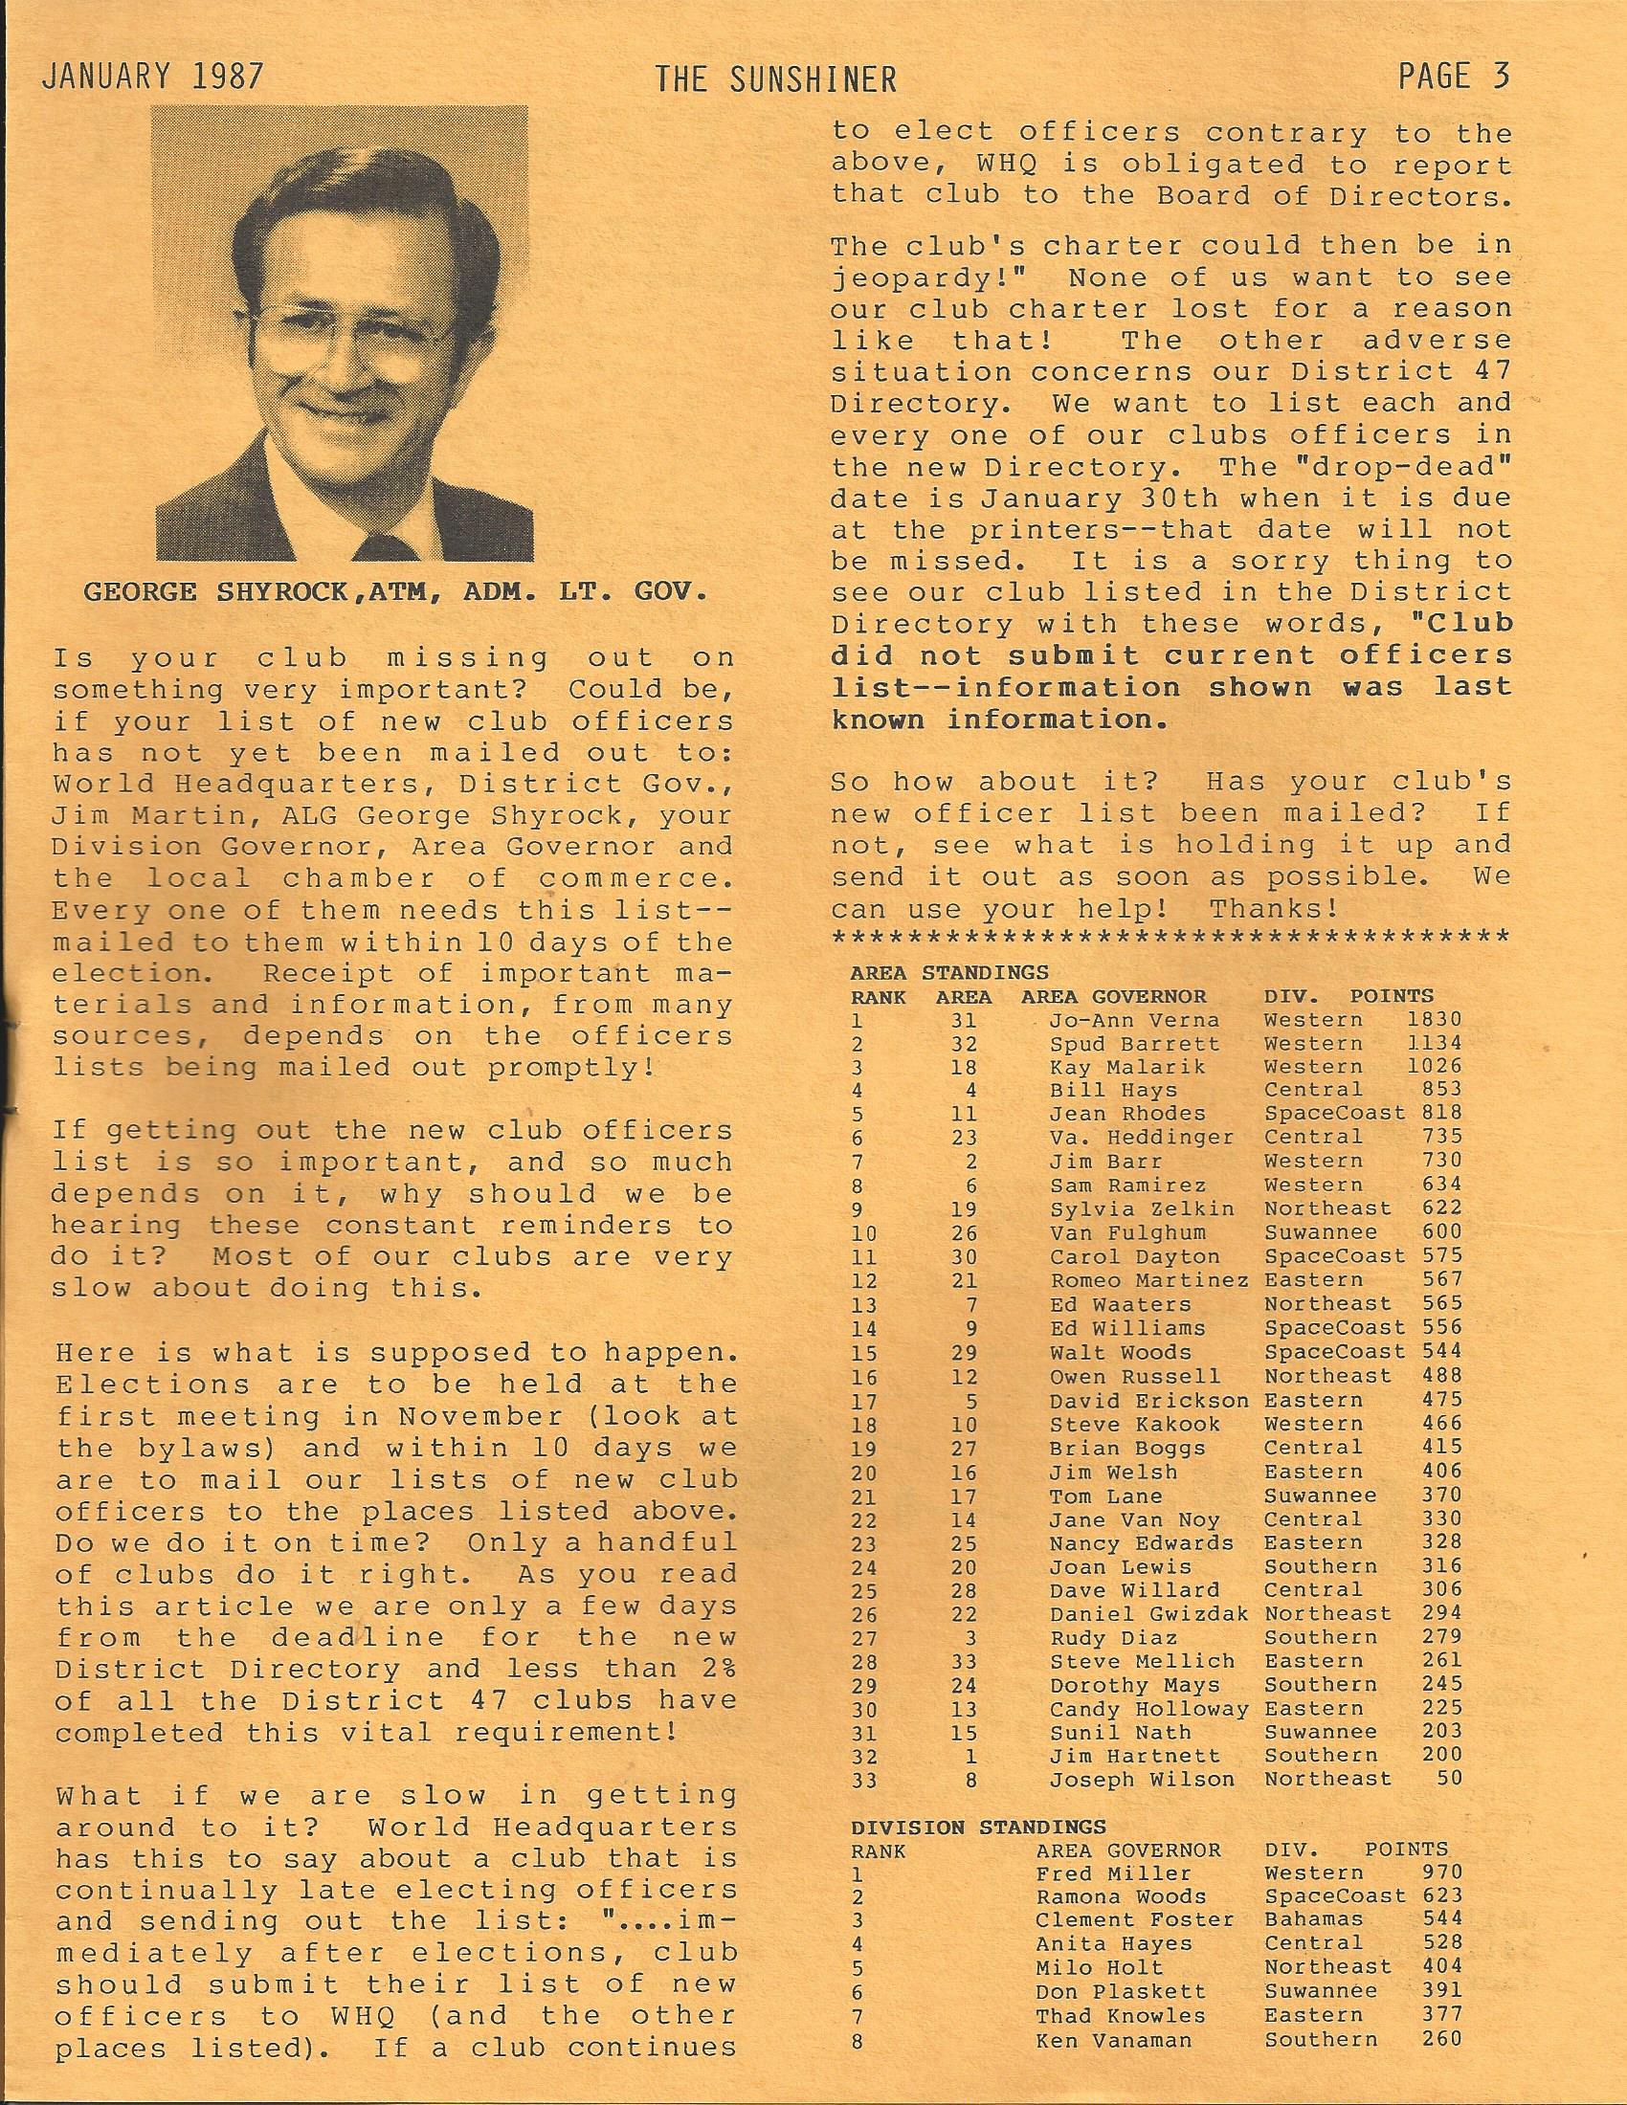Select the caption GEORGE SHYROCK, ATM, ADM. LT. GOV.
(396, 590)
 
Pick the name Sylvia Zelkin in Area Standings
(1127, 1208)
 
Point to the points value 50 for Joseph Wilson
(1449, 1779)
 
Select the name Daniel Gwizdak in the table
(1148, 1613)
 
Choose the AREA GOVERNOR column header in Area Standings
(1113, 997)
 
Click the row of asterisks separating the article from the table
(1170, 938)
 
